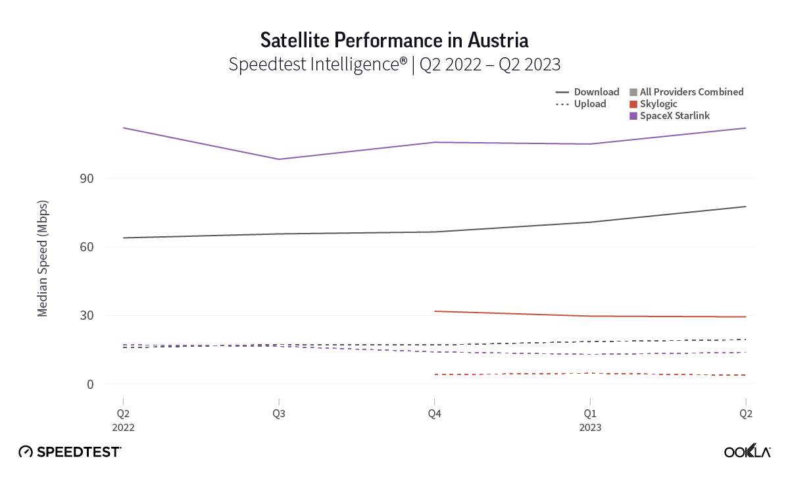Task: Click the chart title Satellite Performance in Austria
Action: [x=394, y=40]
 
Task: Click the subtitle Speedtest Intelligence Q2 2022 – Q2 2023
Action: [x=394, y=64]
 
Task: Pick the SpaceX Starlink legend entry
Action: [x=669, y=116]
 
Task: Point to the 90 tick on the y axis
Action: [x=87, y=179]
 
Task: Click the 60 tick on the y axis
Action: [x=87, y=247]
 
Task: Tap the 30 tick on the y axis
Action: [x=87, y=316]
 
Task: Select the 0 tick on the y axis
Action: [x=91, y=384]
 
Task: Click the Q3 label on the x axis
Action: [x=278, y=414]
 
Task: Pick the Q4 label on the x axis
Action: [x=434, y=414]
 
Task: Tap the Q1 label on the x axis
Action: [x=590, y=414]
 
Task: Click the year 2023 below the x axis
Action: [x=590, y=427]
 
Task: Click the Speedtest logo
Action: [x=70, y=451]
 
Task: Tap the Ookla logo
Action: [x=747, y=451]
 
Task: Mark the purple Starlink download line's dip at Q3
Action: [x=279, y=159]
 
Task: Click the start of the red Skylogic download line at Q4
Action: [x=434, y=311]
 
